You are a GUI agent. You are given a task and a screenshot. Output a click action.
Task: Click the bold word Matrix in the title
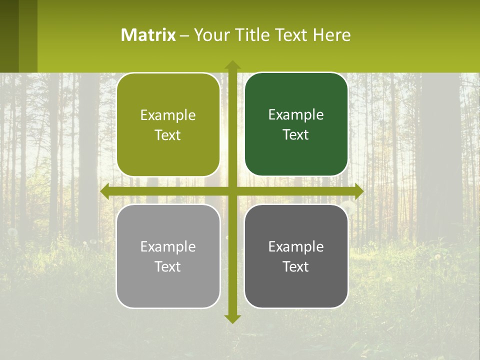click(x=148, y=35)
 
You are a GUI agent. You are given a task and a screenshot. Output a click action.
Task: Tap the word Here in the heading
click(x=331, y=35)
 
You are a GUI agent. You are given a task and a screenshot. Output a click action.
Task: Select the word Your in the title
click(x=210, y=35)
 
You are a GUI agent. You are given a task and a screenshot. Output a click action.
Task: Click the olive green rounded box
click(x=168, y=125)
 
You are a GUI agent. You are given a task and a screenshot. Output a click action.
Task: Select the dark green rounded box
click(x=296, y=124)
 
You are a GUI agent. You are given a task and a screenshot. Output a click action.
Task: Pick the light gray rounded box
click(x=168, y=256)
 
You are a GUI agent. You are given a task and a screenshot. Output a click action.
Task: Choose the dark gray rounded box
click(x=296, y=256)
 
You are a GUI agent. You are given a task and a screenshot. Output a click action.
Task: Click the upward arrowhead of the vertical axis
click(x=232, y=64)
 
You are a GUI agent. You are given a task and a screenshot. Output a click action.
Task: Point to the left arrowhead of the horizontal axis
click(x=104, y=191)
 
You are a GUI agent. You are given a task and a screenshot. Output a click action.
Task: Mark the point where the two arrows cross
click(x=232, y=191)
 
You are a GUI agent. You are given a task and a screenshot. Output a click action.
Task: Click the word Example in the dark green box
click(x=296, y=114)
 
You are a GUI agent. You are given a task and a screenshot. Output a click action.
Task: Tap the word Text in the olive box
click(x=167, y=135)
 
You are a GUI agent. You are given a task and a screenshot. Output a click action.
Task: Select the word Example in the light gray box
click(x=167, y=246)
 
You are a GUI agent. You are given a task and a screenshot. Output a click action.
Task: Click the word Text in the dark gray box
click(x=295, y=267)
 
